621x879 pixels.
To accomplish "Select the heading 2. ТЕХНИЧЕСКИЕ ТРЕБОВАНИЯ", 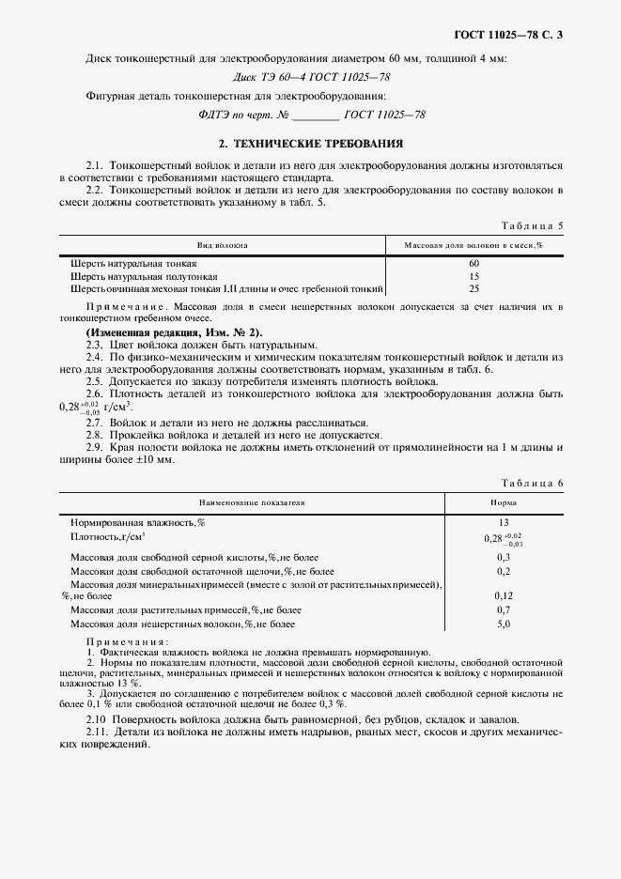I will pos(310,144).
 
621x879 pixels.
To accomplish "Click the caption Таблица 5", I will pos(533,225).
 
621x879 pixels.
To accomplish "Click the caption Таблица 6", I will pos(533,483).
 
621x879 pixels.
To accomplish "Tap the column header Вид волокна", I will pos(222,245).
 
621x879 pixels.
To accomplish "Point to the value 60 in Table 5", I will pos(474,264).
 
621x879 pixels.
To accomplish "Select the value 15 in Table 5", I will pos(474,277).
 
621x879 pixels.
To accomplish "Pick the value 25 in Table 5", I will pos(474,289).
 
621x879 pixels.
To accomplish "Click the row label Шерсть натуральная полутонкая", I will pos(137,277).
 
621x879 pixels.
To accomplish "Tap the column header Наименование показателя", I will pos(251,502).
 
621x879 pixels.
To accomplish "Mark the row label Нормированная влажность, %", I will pos(139,521).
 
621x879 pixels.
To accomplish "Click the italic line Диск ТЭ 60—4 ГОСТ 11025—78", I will pos(310,78).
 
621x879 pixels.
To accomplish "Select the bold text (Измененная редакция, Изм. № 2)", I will pos(175,332).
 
